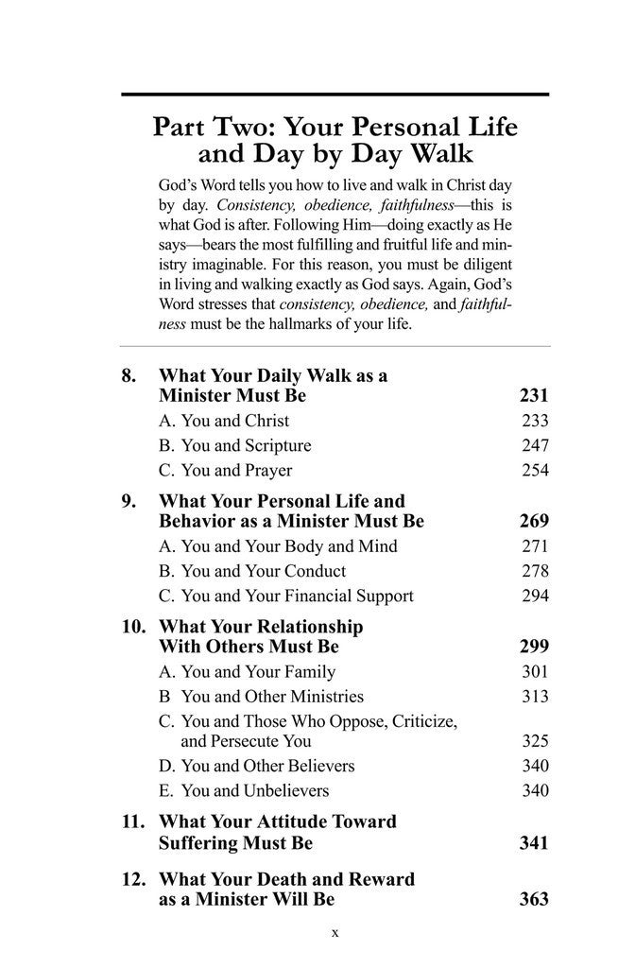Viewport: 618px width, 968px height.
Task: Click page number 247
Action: [535, 445]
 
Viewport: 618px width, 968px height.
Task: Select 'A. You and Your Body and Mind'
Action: [278, 546]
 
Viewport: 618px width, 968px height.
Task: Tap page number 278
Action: [535, 571]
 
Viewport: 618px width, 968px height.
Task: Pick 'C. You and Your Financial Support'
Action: [285, 596]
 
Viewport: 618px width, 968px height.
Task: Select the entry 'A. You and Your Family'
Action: [247, 672]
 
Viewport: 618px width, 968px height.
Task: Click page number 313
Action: [535, 697]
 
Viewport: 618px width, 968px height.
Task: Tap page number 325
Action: [535, 741]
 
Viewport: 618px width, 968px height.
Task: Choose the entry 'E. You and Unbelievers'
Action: [244, 790]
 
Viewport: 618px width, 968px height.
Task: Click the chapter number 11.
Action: [134, 821]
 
